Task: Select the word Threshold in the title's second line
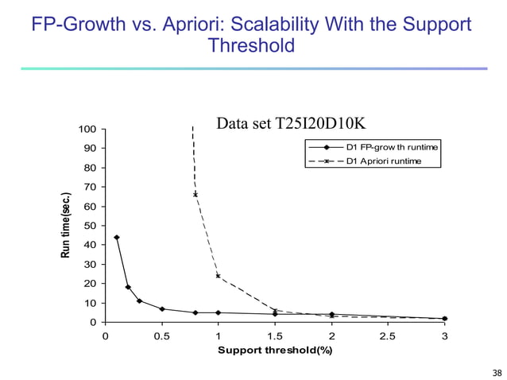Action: (x=250, y=46)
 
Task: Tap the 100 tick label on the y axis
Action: (x=87, y=130)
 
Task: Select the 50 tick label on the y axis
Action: (x=91, y=226)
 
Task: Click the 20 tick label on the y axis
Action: (x=91, y=284)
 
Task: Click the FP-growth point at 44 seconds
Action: (x=117, y=237)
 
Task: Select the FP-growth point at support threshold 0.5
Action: (x=162, y=309)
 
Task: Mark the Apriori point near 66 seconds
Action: (x=195, y=194)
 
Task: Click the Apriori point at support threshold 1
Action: (x=218, y=276)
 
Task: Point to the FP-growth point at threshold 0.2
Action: (x=128, y=287)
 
